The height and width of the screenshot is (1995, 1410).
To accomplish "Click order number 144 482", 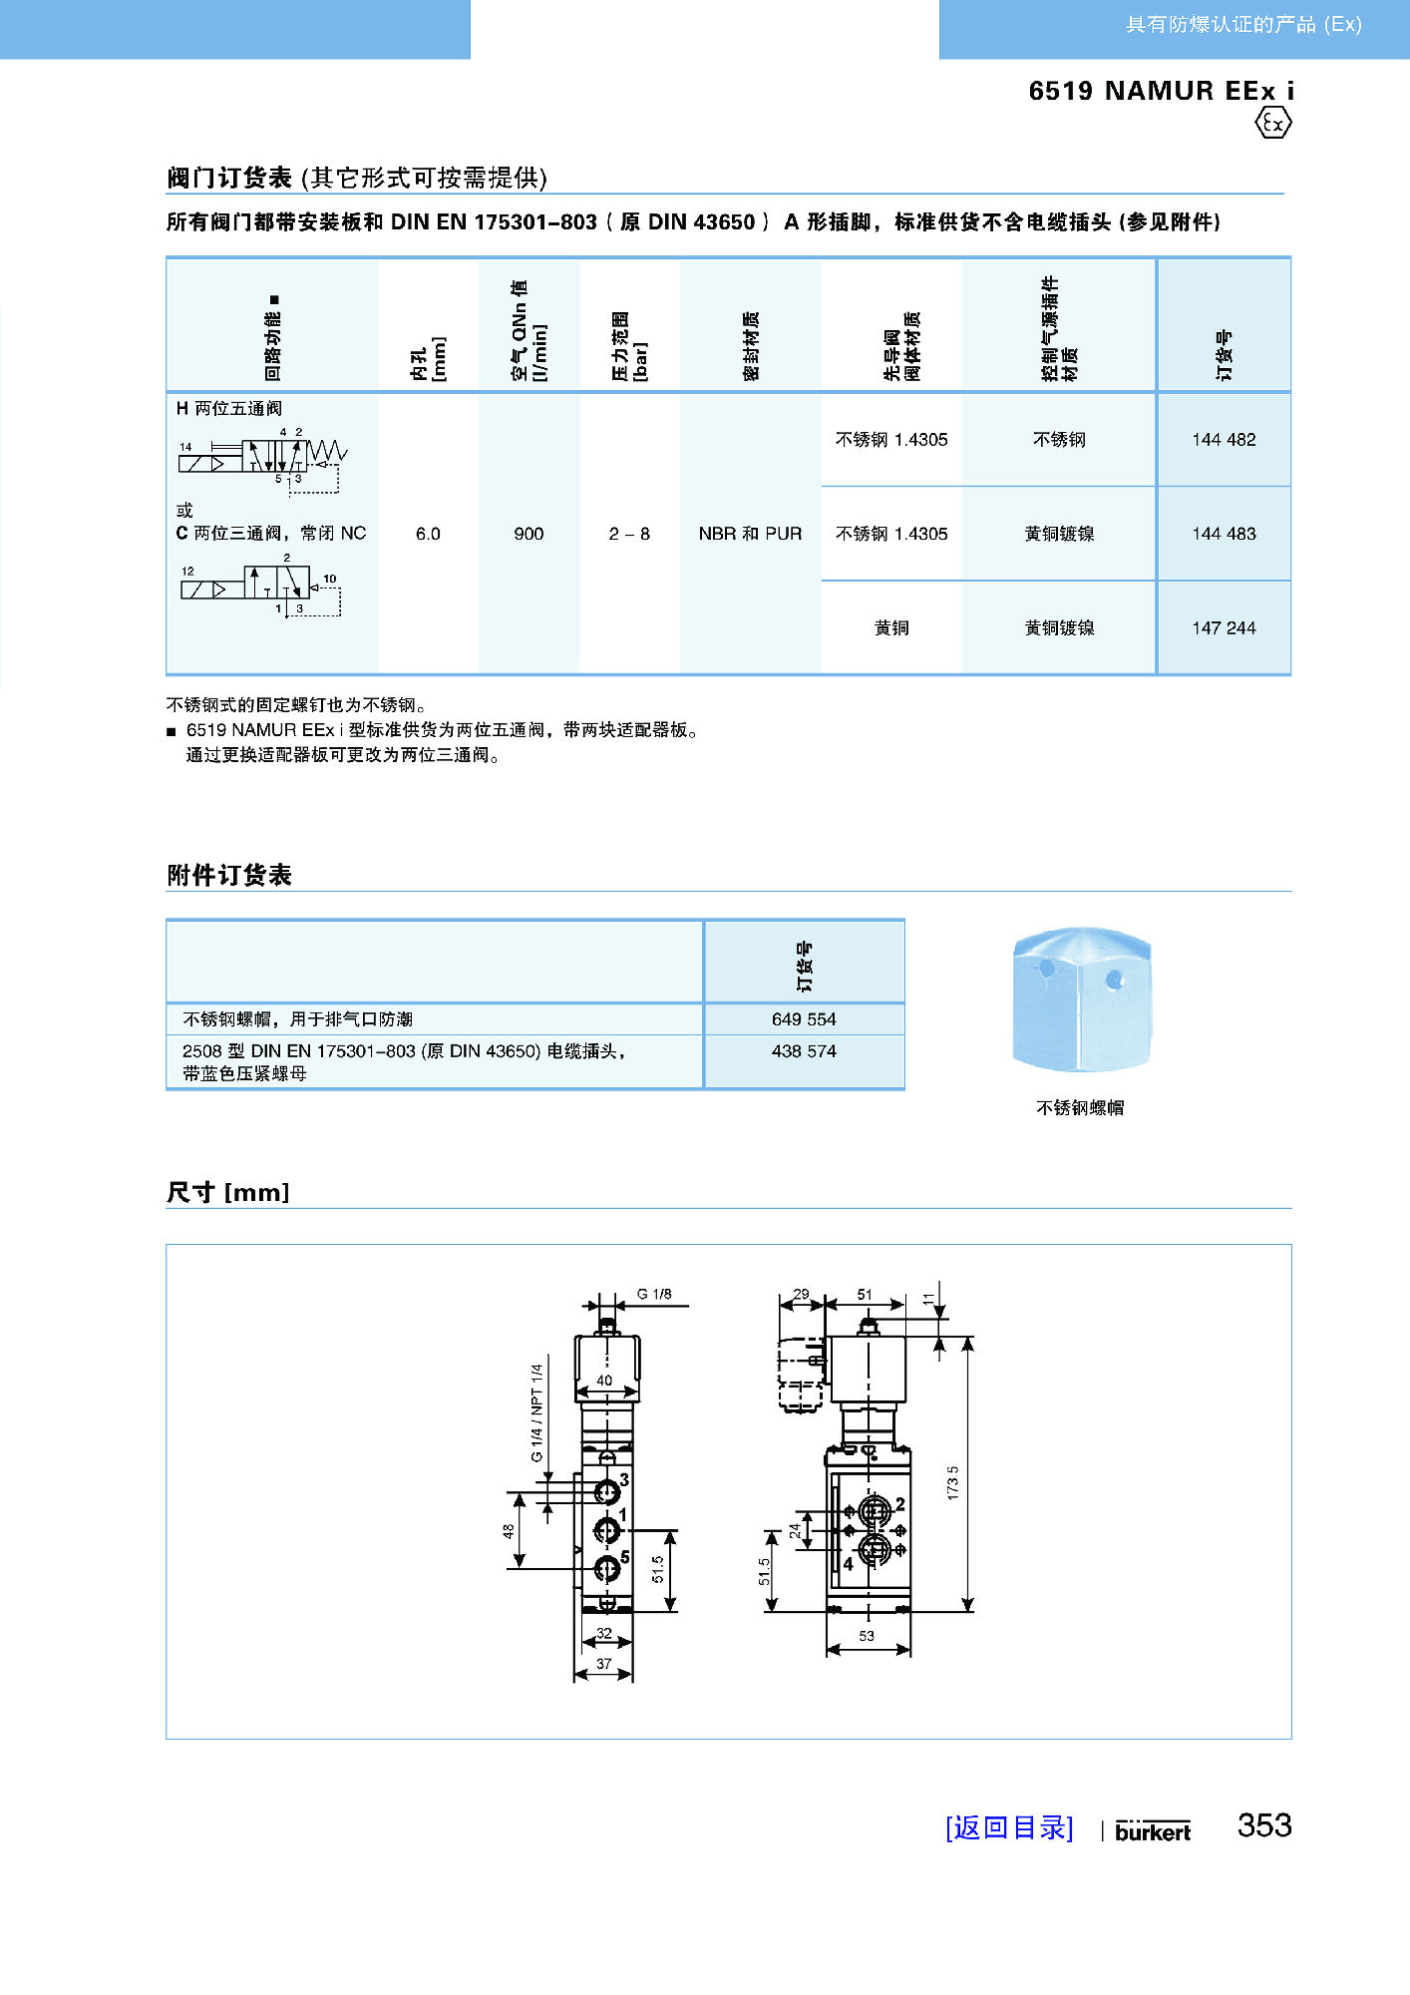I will [1224, 440].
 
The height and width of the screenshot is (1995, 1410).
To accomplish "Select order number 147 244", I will [1224, 628].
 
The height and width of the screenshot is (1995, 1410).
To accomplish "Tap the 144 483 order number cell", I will [1224, 534].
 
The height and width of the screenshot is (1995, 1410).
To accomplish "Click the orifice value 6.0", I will [428, 534].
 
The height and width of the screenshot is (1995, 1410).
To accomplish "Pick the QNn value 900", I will [529, 534].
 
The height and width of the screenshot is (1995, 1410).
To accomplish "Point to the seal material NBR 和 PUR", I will [750, 534].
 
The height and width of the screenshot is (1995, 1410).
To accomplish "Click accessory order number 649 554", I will [804, 1019].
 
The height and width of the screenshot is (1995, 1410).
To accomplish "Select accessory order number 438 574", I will [804, 1051].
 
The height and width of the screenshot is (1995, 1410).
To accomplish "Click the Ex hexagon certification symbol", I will [1272, 124].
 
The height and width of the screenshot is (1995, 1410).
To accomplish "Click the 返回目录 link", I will [1009, 1827].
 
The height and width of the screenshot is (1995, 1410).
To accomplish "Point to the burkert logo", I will [1153, 1831].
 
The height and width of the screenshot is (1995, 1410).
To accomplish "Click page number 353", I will [1264, 1825].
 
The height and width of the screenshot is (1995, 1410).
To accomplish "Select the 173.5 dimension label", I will [952, 1482].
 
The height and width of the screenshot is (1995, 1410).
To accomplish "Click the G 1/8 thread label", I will [654, 1294].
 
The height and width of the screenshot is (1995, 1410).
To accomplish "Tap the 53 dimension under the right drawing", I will [867, 1636].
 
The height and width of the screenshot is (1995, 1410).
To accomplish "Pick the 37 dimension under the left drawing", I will [603, 1664].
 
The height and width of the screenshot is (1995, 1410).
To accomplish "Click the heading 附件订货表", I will [229, 875].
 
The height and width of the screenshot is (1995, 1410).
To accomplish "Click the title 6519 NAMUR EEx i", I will [1161, 91].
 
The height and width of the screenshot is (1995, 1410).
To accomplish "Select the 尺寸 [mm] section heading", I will [228, 1192].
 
